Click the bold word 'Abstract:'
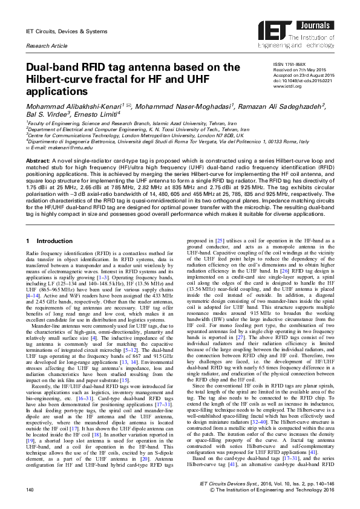pyautogui.click(x=38, y=159)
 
